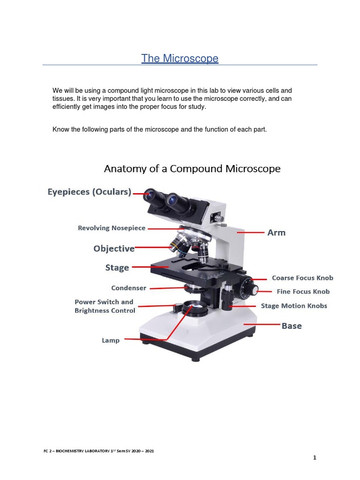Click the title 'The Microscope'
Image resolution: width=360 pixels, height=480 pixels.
[x=180, y=59]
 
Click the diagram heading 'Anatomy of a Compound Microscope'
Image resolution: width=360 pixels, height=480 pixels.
[x=192, y=169]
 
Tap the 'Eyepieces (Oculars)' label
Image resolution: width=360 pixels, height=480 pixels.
[x=90, y=192]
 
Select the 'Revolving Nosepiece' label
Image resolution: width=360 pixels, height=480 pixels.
[x=112, y=228]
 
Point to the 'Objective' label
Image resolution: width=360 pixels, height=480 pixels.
[x=114, y=248]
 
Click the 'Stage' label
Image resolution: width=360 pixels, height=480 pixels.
[x=117, y=268]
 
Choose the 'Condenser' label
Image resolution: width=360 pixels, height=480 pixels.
[x=128, y=288]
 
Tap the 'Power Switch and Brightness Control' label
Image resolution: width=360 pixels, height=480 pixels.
[x=105, y=306]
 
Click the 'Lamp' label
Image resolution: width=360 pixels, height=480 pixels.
[x=111, y=340]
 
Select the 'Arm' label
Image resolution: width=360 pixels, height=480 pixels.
[x=276, y=232]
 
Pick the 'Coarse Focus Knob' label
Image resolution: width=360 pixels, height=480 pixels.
[x=302, y=278]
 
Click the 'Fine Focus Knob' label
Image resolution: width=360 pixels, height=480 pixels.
[x=303, y=292]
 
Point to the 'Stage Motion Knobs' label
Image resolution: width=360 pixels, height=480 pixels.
[x=294, y=306]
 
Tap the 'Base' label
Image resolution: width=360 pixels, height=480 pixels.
[x=291, y=326]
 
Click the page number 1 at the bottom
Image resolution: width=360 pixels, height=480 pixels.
[x=315, y=458]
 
